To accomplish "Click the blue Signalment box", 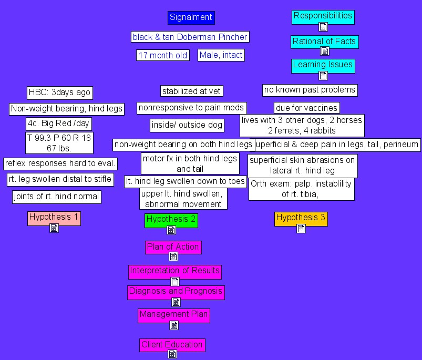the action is point(191,18).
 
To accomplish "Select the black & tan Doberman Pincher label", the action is point(190,37).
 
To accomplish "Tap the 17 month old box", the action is point(162,55).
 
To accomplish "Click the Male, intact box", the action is point(221,55).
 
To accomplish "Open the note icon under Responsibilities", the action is point(323,27).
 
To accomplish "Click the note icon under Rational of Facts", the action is point(325,51).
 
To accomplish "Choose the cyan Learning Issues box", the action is point(323,66).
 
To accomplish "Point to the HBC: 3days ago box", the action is point(60,93).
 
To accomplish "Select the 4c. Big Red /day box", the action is point(58,124).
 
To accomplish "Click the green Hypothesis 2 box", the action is point(171,220).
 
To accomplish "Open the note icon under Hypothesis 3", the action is point(301,229).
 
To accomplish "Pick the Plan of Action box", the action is point(173,247).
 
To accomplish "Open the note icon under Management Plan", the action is point(174,325).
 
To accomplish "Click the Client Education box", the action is point(172,345).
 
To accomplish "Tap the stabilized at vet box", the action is point(191,91).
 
